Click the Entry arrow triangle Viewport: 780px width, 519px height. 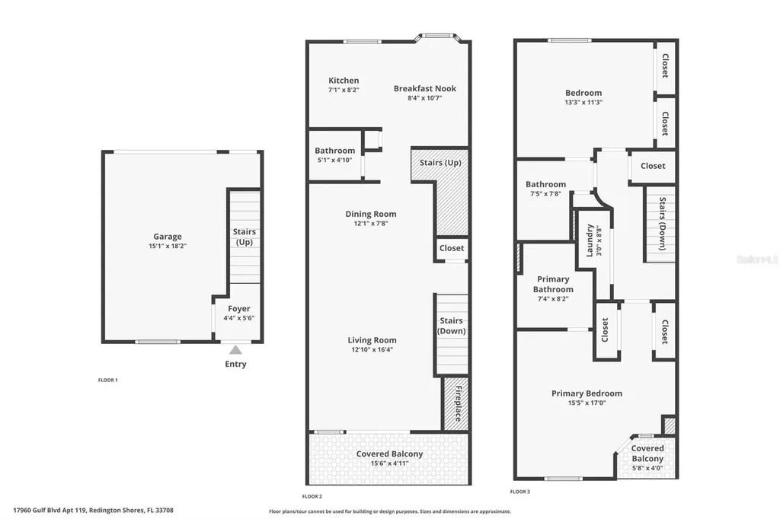(236, 350)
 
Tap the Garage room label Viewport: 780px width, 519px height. (168, 237)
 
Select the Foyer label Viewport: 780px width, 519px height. (238, 309)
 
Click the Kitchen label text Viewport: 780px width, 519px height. (344, 81)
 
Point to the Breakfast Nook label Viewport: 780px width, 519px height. (424, 88)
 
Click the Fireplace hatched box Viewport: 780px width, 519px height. (456, 403)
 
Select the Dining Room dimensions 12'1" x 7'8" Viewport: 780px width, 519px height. (371, 224)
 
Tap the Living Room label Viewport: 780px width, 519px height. (372, 340)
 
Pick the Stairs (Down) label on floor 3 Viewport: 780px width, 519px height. (661, 223)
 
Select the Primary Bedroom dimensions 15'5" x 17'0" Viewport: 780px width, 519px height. (587, 403)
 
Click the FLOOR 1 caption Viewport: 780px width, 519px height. (108, 380)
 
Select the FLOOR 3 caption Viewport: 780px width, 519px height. (520, 492)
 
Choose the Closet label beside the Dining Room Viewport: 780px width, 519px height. (452, 248)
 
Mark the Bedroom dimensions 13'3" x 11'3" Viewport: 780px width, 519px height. (583, 103)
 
